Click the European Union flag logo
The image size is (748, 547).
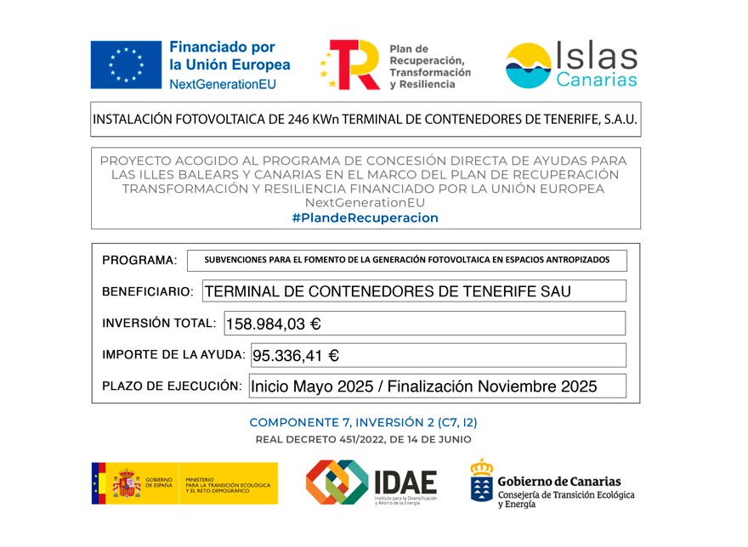pyautogui.click(x=126, y=65)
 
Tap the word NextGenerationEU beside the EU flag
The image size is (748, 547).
pyautogui.click(x=223, y=85)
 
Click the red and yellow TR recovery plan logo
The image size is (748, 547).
pyautogui.click(x=351, y=65)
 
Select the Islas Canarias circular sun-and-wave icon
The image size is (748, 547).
pyautogui.click(x=528, y=65)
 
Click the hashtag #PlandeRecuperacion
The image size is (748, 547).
pyautogui.click(x=365, y=218)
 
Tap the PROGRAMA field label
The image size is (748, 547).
pyautogui.click(x=139, y=260)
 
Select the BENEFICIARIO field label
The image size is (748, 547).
pyautogui.click(x=147, y=291)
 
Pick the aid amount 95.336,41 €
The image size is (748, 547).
pyautogui.click(x=296, y=356)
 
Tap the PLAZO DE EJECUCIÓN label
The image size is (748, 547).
pyautogui.click(x=172, y=386)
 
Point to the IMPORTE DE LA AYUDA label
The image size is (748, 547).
pyautogui.click(x=173, y=355)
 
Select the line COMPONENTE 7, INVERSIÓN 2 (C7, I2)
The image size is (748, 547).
pyautogui.click(x=369, y=422)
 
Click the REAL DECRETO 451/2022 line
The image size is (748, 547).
pyautogui.click(x=363, y=439)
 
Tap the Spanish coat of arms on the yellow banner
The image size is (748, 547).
pyautogui.click(x=127, y=483)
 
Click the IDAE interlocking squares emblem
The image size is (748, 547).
pyautogui.click(x=337, y=483)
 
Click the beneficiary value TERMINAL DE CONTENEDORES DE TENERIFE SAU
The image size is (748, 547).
pyautogui.click(x=388, y=291)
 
